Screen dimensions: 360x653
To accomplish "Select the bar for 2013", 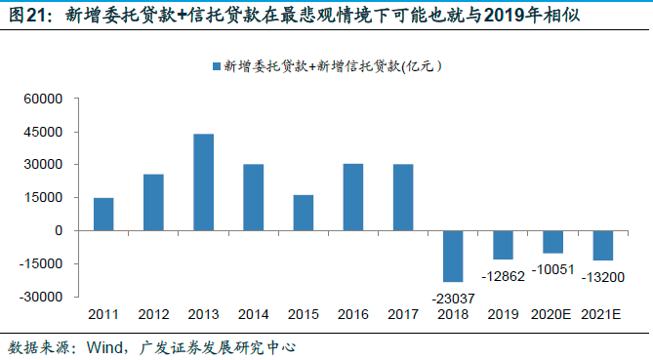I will [203, 182].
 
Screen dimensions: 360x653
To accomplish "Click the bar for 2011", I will [103, 215].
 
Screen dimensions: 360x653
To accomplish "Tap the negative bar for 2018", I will [453, 256].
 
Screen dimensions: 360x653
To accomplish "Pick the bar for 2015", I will [303, 213].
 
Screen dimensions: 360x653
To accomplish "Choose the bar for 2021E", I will [602, 245].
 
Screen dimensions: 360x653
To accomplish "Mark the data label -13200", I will [602, 278].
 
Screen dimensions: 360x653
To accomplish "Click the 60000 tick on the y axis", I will [44, 99].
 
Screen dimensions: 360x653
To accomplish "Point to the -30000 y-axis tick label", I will [42, 297].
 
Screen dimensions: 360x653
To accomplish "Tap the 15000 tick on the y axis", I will [44, 198].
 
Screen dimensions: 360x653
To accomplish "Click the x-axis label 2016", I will [353, 314].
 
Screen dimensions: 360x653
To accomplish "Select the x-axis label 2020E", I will [552, 314].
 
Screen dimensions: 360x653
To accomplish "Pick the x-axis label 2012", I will [153, 314].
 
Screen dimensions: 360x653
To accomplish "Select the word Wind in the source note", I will [105, 345].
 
